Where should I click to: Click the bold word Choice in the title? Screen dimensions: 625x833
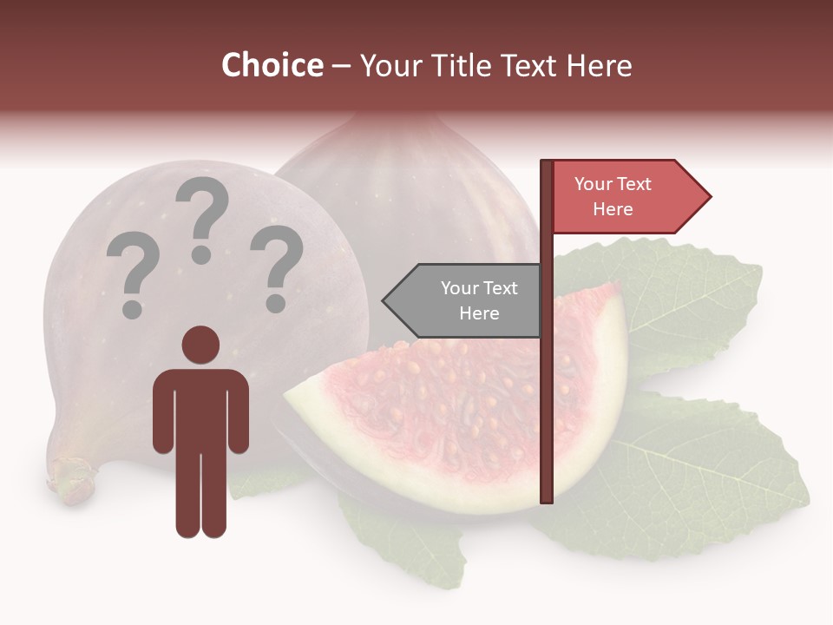[272, 66]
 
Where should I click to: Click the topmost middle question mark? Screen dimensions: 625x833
[202, 217]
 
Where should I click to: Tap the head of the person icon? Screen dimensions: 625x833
[200, 344]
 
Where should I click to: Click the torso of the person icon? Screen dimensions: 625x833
[200, 408]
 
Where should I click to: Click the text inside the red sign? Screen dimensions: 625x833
[613, 196]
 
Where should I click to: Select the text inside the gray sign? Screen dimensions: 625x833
[478, 300]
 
